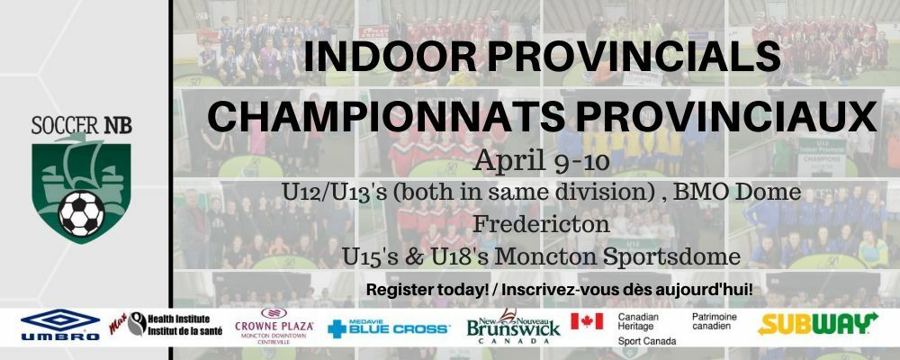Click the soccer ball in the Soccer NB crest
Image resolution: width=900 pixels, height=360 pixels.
[82, 213]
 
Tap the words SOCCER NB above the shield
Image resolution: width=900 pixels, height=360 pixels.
[82, 125]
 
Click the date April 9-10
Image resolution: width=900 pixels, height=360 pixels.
[541, 161]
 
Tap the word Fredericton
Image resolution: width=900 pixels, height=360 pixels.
[541, 223]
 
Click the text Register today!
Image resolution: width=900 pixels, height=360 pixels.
[427, 290]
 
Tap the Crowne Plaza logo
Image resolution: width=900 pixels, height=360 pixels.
[274, 326]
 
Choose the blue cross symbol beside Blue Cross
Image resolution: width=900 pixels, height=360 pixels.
[337, 329]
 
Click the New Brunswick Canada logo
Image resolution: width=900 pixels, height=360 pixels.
[513, 326]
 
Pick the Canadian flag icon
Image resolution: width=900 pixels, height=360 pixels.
[587, 321]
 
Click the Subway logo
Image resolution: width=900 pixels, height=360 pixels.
[817, 323]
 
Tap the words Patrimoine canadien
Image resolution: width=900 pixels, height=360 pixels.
[715, 321]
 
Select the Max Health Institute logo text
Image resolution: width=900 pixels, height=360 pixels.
[166, 325]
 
